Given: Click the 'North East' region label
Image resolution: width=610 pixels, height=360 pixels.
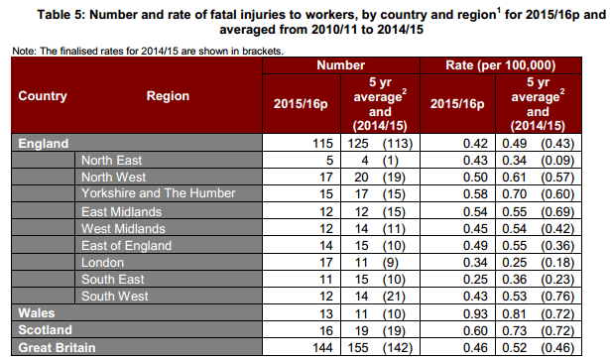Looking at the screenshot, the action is click(x=112, y=161).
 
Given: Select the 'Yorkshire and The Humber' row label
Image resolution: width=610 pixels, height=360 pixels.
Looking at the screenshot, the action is click(x=159, y=193).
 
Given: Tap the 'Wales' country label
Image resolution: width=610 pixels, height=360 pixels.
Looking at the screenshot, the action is click(x=37, y=313).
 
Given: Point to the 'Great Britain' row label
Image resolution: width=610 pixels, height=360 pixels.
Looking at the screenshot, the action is click(x=57, y=347).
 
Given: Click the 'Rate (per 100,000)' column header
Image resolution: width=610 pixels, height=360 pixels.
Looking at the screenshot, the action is click(x=501, y=65).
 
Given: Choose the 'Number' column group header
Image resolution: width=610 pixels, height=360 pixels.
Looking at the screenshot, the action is click(x=341, y=65).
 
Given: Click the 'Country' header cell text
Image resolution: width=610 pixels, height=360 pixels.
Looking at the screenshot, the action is click(x=43, y=95).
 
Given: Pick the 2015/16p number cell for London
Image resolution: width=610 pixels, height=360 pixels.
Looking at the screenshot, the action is click(x=326, y=263).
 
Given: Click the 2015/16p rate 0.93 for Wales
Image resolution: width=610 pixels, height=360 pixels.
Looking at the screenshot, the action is click(x=475, y=313).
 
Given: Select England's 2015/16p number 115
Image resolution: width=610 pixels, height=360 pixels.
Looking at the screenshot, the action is click(x=323, y=144).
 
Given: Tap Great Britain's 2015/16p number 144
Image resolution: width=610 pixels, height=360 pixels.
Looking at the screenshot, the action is click(x=323, y=347).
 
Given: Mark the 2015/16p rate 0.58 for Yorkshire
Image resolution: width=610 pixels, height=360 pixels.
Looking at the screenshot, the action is click(x=475, y=194).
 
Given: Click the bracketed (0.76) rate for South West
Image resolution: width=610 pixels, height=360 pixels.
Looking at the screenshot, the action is click(x=557, y=297).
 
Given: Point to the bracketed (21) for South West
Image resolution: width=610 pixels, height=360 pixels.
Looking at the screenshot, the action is click(x=394, y=297).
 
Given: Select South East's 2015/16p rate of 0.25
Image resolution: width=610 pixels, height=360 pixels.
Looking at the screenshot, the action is click(x=475, y=280).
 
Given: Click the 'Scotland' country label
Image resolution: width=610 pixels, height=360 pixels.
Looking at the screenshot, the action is click(x=45, y=330).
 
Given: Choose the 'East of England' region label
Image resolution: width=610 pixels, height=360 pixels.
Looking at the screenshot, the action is click(x=126, y=246).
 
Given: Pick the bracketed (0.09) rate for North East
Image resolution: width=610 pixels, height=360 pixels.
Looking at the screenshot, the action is click(x=557, y=161).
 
